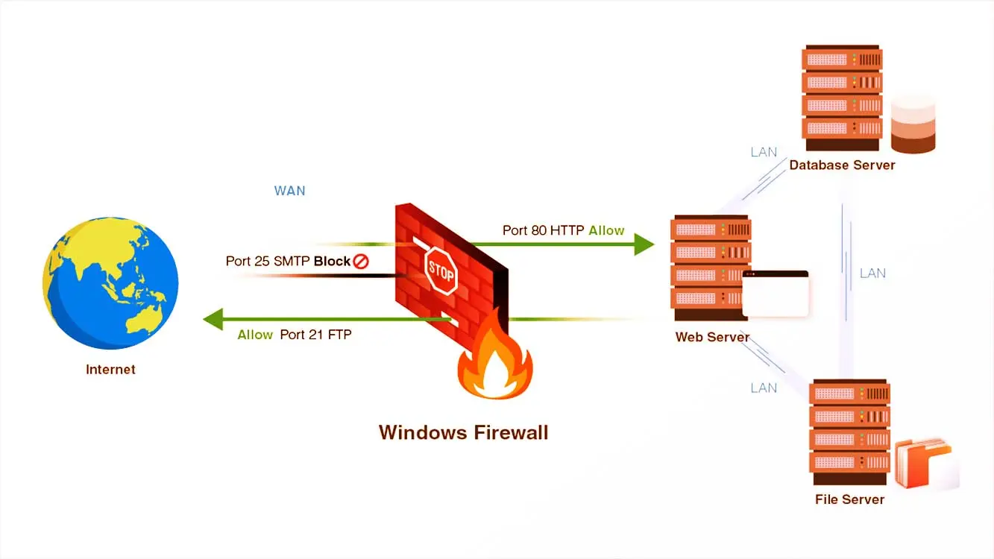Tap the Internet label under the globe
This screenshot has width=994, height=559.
tap(110, 369)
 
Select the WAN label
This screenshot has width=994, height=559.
tap(289, 191)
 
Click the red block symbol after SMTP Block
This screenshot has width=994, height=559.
tap(362, 262)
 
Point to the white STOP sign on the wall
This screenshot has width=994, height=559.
tap(440, 271)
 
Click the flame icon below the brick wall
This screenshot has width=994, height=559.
tap(494, 364)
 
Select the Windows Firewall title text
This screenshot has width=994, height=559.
tap(463, 432)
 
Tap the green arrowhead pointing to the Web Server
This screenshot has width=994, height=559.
tap(644, 244)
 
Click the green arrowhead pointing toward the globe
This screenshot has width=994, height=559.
tap(214, 319)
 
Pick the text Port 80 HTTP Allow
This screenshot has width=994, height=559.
tap(563, 230)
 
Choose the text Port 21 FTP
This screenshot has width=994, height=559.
tap(315, 335)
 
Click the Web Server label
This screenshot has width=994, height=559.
tap(712, 337)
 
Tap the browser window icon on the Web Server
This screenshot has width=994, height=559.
tap(776, 294)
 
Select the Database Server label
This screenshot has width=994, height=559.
tap(842, 165)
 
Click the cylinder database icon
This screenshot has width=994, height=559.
tap(913, 124)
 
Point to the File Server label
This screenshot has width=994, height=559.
tap(849, 499)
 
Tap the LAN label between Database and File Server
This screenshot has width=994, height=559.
tap(872, 273)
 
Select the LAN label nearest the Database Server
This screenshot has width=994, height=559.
tap(764, 152)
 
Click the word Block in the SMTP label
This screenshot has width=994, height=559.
tap(332, 262)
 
